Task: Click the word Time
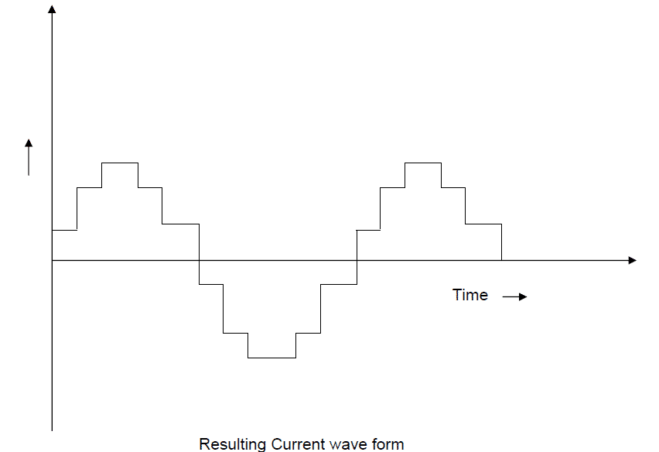click(470, 295)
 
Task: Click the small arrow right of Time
click(514, 296)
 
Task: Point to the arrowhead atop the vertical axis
click(52, 9)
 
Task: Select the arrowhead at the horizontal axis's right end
click(632, 260)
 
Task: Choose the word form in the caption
click(388, 443)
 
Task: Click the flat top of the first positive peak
click(120, 163)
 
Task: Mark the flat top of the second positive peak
click(423, 163)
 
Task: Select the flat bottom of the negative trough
click(271, 358)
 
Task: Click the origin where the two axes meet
click(52, 260)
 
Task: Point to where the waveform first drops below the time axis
click(199, 260)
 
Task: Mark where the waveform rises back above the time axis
click(357, 260)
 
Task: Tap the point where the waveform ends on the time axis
click(502, 260)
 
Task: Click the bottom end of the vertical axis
click(52, 429)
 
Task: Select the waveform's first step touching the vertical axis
click(64, 230)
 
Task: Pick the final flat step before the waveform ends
click(483, 224)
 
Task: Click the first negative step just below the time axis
click(211, 284)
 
